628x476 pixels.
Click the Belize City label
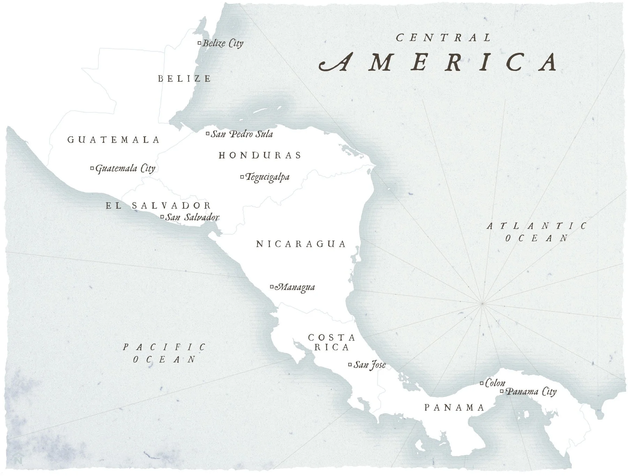[x=223, y=43]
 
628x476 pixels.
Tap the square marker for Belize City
[x=200, y=43]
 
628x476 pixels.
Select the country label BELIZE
[x=185, y=79]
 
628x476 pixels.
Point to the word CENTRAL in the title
[x=443, y=37]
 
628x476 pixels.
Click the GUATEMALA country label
[x=113, y=140]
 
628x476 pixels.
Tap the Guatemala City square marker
[x=92, y=168]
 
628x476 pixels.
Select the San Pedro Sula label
[x=241, y=134]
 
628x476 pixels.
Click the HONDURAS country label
[x=260, y=155]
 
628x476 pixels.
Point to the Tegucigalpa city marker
[x=242, y=177]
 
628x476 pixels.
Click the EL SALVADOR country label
[x=158, y=205]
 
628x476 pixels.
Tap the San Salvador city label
[x=192, y=217]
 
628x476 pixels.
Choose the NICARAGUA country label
[x=301, y=244]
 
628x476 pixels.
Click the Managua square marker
[x=272, y=287]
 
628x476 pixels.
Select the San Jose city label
[x=369, y=365]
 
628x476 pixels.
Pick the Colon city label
[x=495, y=383]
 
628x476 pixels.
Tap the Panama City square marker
[x=502, y=391]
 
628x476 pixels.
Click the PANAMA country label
[x=454, y=408]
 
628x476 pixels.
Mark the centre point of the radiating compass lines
[x=482, y=303]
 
